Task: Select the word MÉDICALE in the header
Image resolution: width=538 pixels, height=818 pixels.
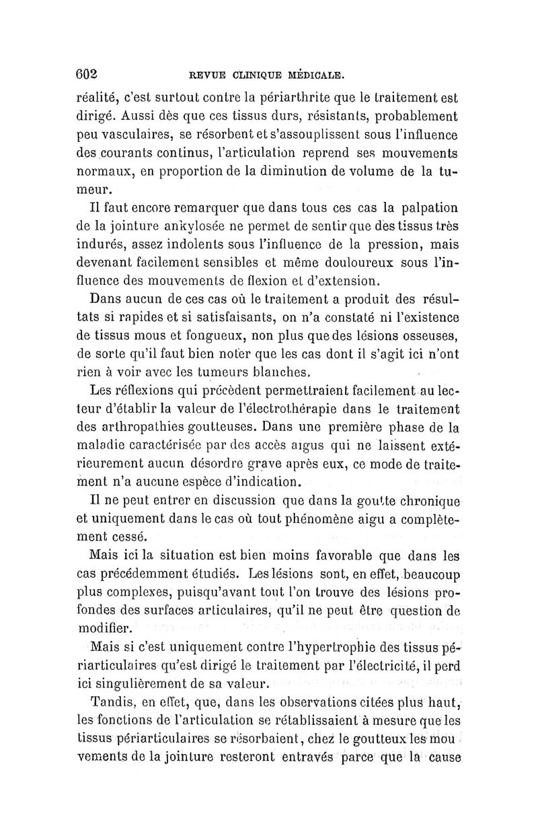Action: (315, 75)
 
